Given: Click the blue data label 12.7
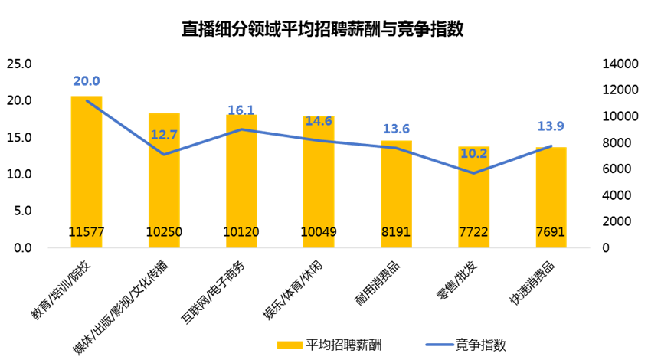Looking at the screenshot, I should click(x=164, y=136).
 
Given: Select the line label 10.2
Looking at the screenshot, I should click(x=473, y=152).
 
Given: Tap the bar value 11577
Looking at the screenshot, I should click(x=87, y=232).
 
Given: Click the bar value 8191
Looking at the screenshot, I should click(x=396, y=232).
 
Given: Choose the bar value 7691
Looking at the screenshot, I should click(x=551, y=232).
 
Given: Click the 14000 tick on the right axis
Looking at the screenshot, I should click(x=614, y=64).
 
